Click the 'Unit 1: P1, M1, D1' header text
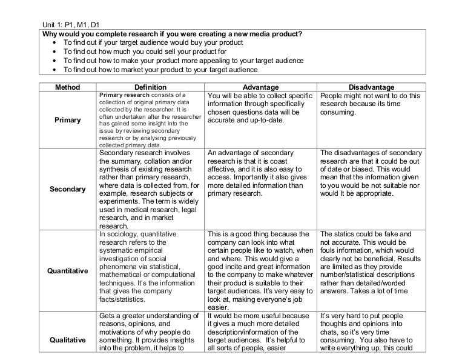[x=70, y=24]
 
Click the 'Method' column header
[x=67, y=88]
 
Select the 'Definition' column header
[x=150, y=88]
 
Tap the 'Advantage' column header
[x=260, y=88]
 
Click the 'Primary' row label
[x=67, y=120]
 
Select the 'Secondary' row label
[x=67, y=190]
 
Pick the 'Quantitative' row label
[x=67, y=270]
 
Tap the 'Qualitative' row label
[x=67, y=339]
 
